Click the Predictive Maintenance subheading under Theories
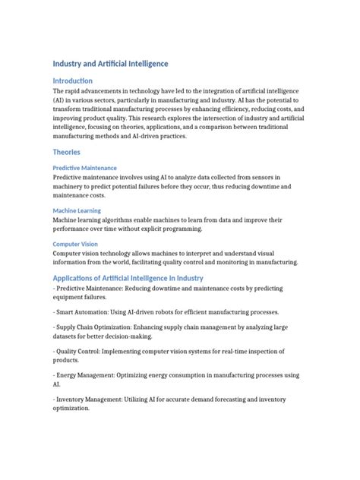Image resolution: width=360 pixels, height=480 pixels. (x=84, y=167)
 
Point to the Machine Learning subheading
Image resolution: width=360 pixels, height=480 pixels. (x=77, y=210)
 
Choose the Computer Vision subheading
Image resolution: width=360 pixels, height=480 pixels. (x=74, y=244)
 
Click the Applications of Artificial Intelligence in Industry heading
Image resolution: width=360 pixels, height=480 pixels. (x=128, y=278)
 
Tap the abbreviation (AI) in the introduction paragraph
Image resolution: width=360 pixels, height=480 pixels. (x=61, y=99)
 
